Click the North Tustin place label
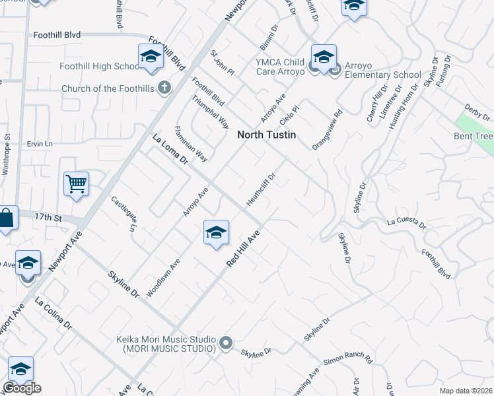click(x=265, y=134)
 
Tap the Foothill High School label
click(x=96, y=67)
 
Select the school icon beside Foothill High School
click(x=151, y=57)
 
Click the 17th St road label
click(x=48, y=216)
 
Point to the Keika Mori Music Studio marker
click(x=226, y=342)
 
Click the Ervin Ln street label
click(x=40, y=143)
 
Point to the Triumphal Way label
click(x=210, y=112)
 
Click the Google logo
click(x=22, y=387)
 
